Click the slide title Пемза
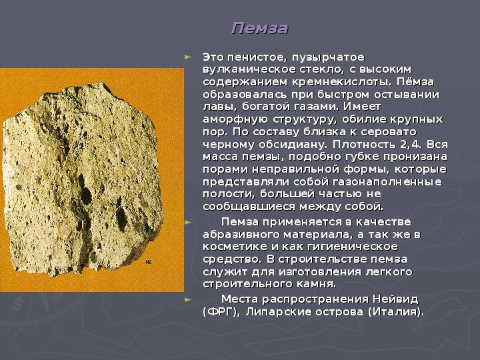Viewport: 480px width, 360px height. (259, 29)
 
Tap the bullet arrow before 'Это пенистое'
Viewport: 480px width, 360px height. (188, 56)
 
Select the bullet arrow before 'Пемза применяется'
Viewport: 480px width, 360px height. (188, 221)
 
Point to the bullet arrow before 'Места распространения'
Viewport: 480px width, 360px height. (188, 297)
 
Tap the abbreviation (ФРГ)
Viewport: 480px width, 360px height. (221, 311)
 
